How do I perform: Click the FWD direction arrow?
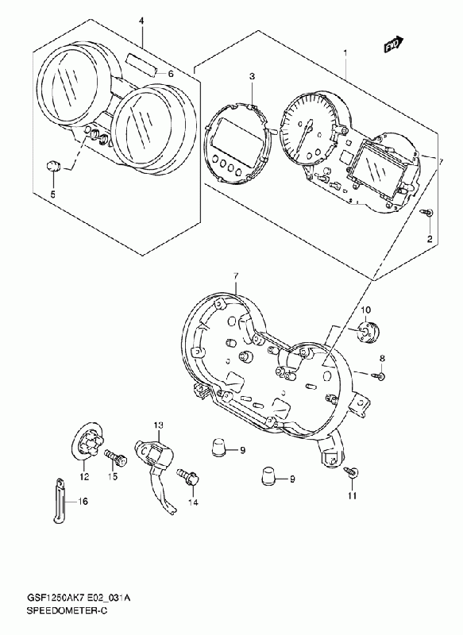[394, 44]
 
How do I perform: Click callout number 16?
[83, 502]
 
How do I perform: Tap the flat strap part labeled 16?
[60, 499]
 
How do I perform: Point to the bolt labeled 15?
[116, 457]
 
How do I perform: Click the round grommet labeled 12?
[87, 442]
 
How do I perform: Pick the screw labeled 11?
[352, 471]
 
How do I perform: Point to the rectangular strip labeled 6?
[140, 64]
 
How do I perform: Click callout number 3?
[252, 76]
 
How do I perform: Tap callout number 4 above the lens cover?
[141, 21]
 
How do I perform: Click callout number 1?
[345, 52]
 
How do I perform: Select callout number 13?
[158, 425]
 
